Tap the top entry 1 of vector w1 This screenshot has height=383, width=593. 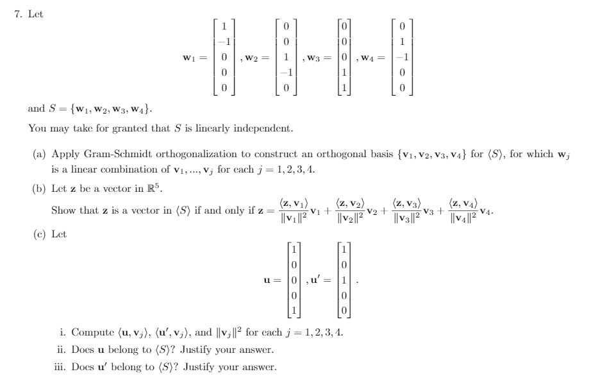[224, 27]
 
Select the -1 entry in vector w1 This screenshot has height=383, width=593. [222, 42]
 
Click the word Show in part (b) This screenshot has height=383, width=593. [63, 210]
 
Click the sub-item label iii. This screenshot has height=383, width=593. [62, 367]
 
